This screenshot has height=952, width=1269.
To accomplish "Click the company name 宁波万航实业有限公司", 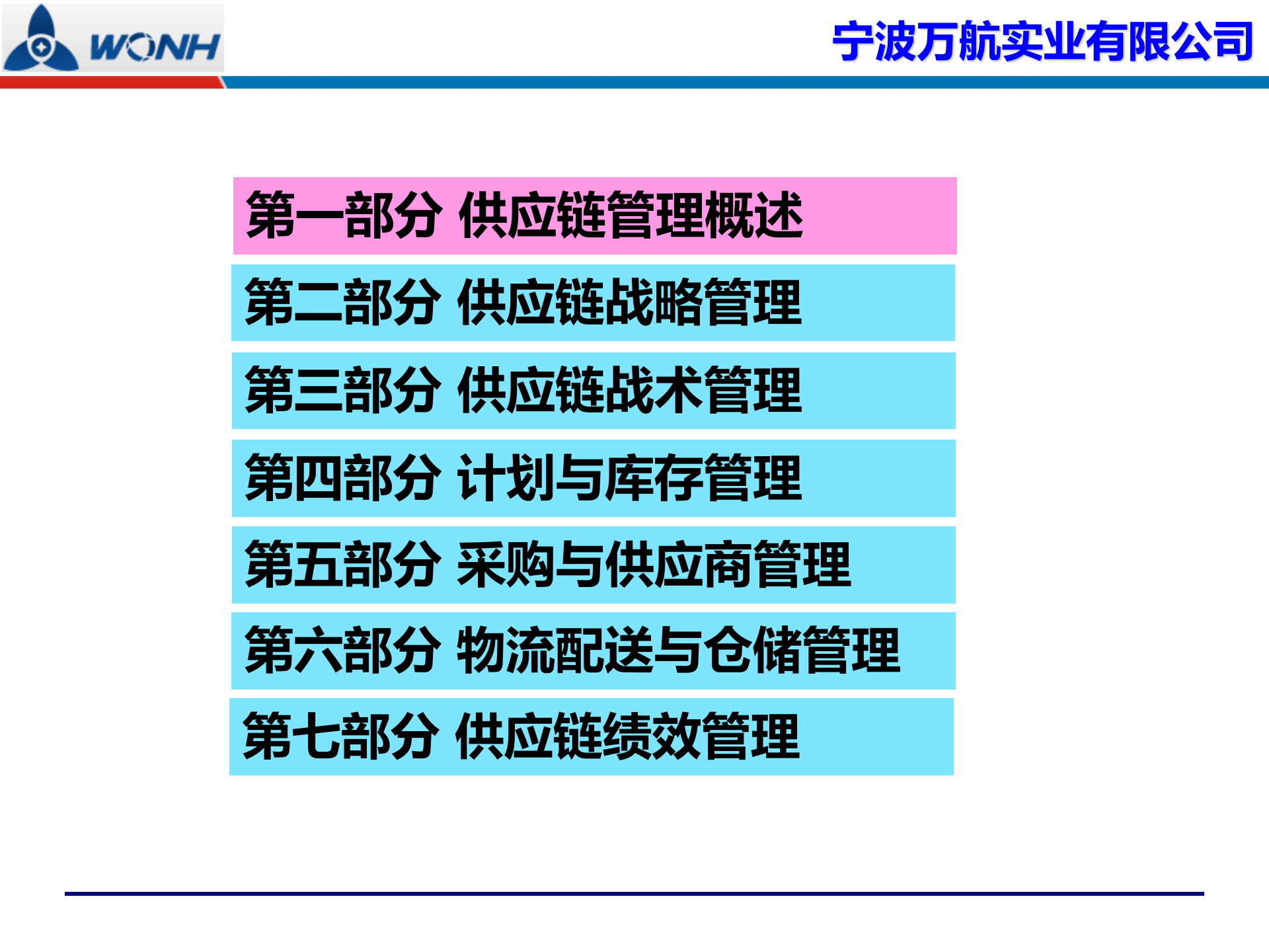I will click(1042, 42).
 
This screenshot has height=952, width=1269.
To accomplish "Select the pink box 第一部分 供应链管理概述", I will click(595, 216).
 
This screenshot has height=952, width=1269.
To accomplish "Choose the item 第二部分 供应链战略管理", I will click(593, 303).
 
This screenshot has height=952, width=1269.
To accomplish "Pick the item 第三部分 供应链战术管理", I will click(593, 391).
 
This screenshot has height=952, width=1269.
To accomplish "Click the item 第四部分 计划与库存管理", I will click(593, 478).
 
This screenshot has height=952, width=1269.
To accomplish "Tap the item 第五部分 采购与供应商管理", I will click(593, 565).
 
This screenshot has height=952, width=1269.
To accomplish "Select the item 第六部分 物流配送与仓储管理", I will click(593, 651).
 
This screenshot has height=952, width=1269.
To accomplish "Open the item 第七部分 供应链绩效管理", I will click(592, 736).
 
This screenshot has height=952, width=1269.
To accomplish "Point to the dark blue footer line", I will click(634, 894).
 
